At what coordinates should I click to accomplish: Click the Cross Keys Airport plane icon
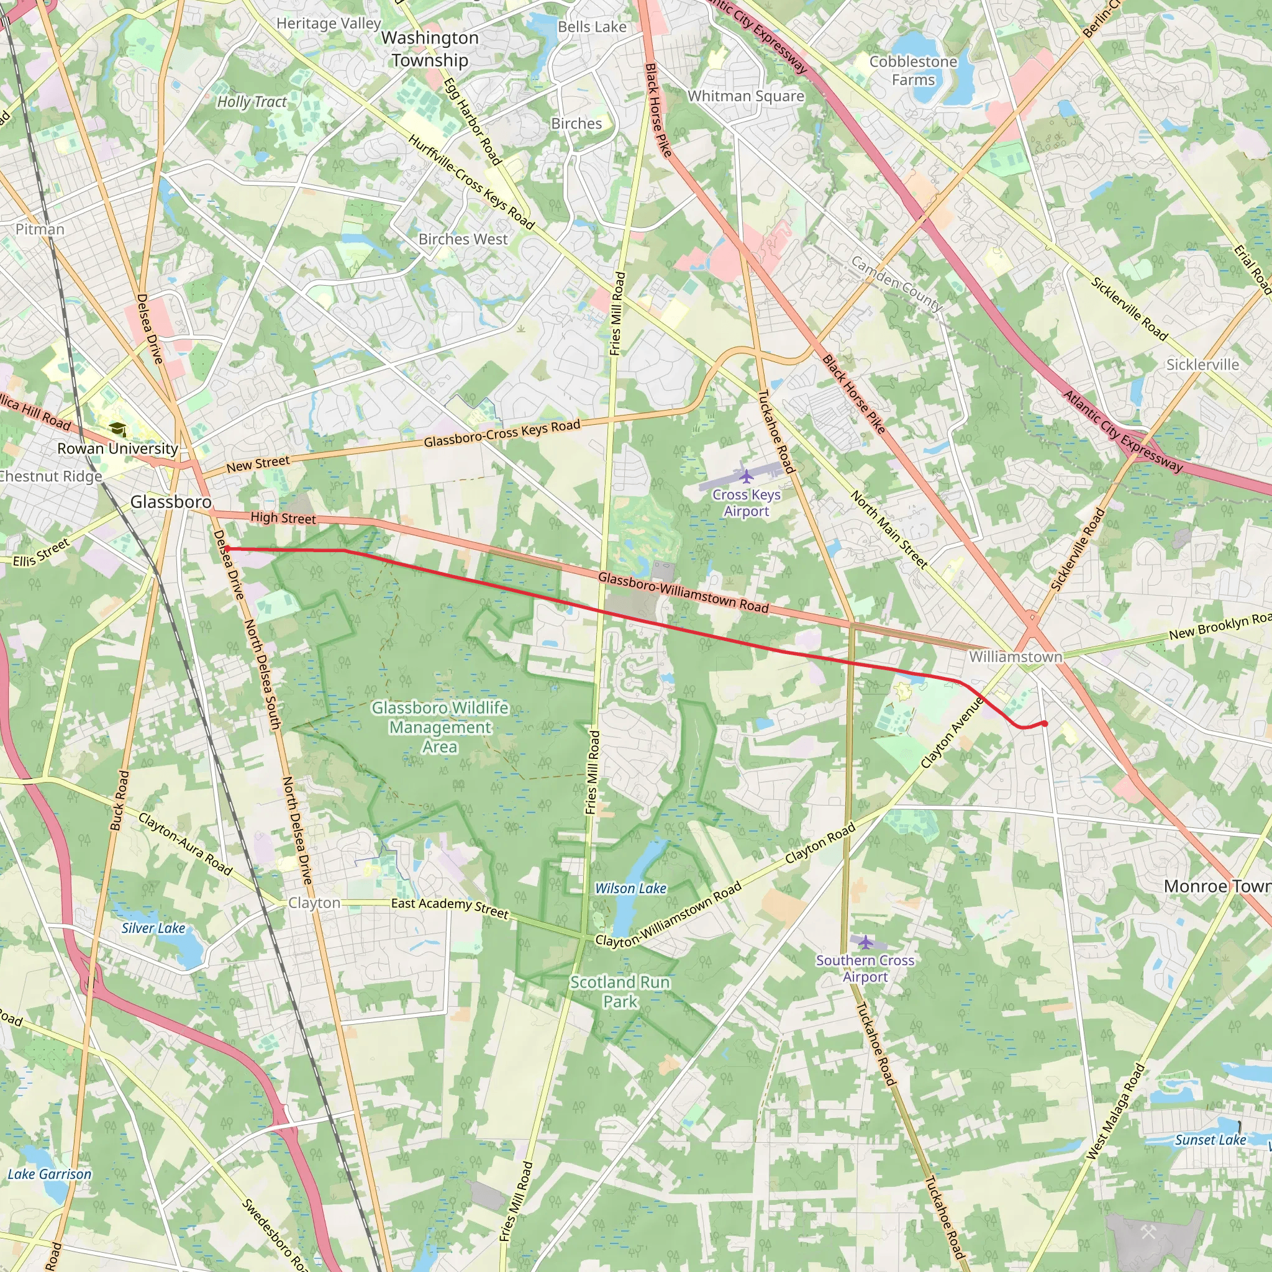745,475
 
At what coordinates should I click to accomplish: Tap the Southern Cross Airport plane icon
865,942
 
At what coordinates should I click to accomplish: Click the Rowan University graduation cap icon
118,429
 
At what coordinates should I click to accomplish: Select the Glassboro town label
171,502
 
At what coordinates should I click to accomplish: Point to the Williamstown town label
1015,656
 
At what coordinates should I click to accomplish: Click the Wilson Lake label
631,888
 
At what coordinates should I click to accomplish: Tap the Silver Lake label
153,928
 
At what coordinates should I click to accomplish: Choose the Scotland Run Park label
620,991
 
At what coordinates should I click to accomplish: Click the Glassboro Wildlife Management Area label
440,727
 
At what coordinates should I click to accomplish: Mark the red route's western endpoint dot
227,548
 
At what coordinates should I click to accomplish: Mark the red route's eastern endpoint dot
1044,724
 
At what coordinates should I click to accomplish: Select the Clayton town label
314,902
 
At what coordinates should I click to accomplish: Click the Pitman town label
40,229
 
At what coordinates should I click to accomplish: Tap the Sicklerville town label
1202,364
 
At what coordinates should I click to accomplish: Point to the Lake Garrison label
50,1174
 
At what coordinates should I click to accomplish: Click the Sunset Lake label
1210,1140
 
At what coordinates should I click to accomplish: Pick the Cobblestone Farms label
913,70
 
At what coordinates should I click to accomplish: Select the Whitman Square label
745,96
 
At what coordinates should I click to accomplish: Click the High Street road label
283,518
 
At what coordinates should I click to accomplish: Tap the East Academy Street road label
450,908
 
